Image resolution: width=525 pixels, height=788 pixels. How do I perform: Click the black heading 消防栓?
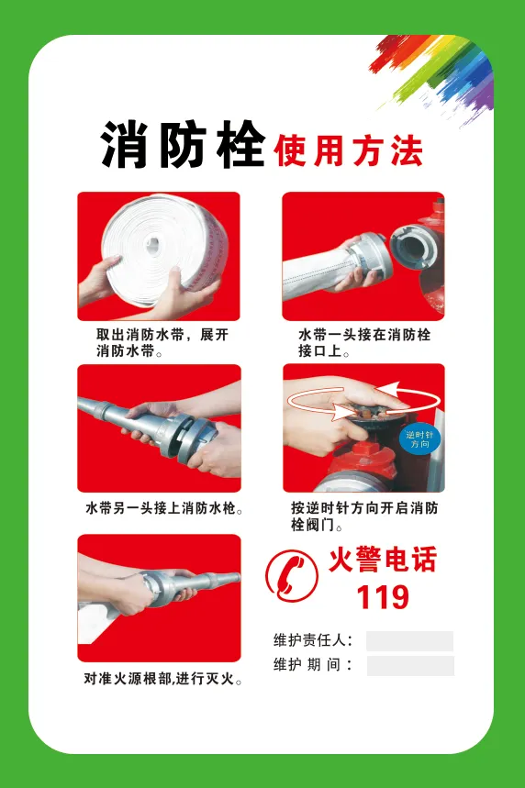click(183, 145)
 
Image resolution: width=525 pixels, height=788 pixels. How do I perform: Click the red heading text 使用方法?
click(348, 150)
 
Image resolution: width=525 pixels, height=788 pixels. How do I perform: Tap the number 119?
click(383, 597)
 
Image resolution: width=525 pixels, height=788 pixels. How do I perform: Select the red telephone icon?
click(292, 576)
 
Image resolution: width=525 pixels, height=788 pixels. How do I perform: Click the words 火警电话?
click(383, 560)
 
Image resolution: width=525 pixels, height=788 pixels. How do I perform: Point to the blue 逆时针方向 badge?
click(419, 439)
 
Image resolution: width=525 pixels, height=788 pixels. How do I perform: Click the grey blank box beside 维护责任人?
click(410, 641)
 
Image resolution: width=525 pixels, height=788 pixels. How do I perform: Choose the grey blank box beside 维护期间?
click(410, 666)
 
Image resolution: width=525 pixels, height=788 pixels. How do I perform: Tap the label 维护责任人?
click(313, 640)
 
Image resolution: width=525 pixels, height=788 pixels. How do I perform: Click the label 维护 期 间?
click(313, 665)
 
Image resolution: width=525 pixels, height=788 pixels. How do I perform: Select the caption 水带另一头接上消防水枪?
click(164, 508)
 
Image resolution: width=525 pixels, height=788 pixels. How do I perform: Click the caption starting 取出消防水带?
click(162, 343)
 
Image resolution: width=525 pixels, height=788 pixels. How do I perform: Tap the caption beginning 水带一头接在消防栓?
click(364, 343)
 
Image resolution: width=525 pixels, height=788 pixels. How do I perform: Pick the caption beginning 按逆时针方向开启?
click(364, 516)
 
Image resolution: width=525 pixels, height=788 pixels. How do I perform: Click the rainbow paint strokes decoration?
click(431, 75)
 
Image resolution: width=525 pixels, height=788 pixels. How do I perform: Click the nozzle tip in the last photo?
click(237, 578)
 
